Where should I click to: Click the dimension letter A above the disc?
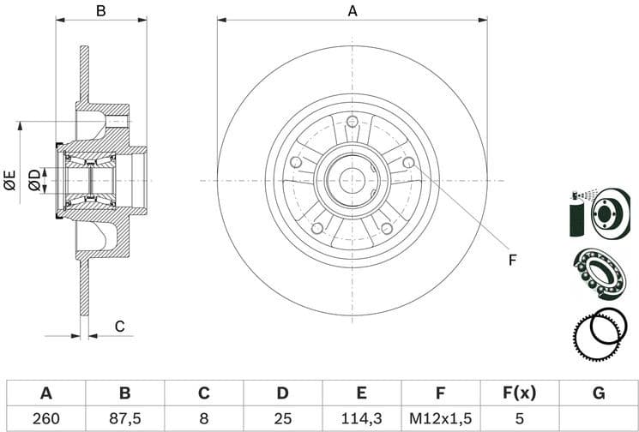(352, 11)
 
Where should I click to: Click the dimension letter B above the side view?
(100, 11)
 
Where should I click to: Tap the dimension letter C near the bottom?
(120, 326)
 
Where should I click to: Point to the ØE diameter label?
(10, 180)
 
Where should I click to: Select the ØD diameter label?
(34, 180)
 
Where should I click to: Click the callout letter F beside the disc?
(512, 260)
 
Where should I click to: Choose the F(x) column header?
(519, 393)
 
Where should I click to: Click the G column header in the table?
(598, 393)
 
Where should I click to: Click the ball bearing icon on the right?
(599, 272)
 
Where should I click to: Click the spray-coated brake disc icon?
(600, 213)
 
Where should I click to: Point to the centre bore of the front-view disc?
(352, 180)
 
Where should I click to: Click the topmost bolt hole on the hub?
(352, 121)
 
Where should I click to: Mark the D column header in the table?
(282, 393)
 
